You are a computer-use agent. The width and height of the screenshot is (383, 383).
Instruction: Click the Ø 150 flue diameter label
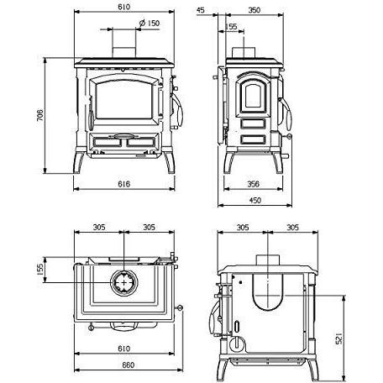[x=150, y=23]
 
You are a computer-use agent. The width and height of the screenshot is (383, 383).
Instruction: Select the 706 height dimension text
[x=40, y=115]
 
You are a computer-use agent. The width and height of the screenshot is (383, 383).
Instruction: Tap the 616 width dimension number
[x=123, y=184]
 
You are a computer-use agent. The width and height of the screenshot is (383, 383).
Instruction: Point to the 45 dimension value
[x=201, y=10]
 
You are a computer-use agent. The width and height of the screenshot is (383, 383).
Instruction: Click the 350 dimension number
[x=254, y=10]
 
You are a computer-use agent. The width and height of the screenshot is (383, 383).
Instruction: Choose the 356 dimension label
[x=254, y=184]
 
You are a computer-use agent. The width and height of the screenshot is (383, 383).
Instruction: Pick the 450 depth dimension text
[x=255, y=200]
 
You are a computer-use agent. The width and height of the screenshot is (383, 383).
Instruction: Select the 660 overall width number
[x=129, y=365]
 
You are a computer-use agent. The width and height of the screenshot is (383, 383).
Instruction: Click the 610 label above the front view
[x=124, y=7]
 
